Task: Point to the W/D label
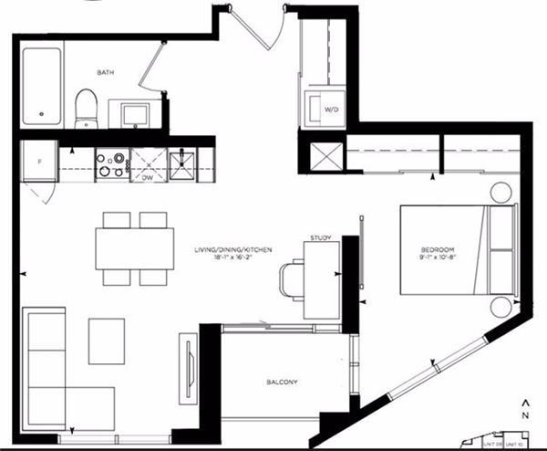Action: [x=330, y=110]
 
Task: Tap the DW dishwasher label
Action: [x=146, y=179]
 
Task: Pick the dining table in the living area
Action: [x=134, y=247]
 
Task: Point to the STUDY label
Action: [x=320, y=238]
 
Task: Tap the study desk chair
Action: [x=291, y=278]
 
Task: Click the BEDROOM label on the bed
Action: [x=437, y=249]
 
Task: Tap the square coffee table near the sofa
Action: [x=107, y=341]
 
